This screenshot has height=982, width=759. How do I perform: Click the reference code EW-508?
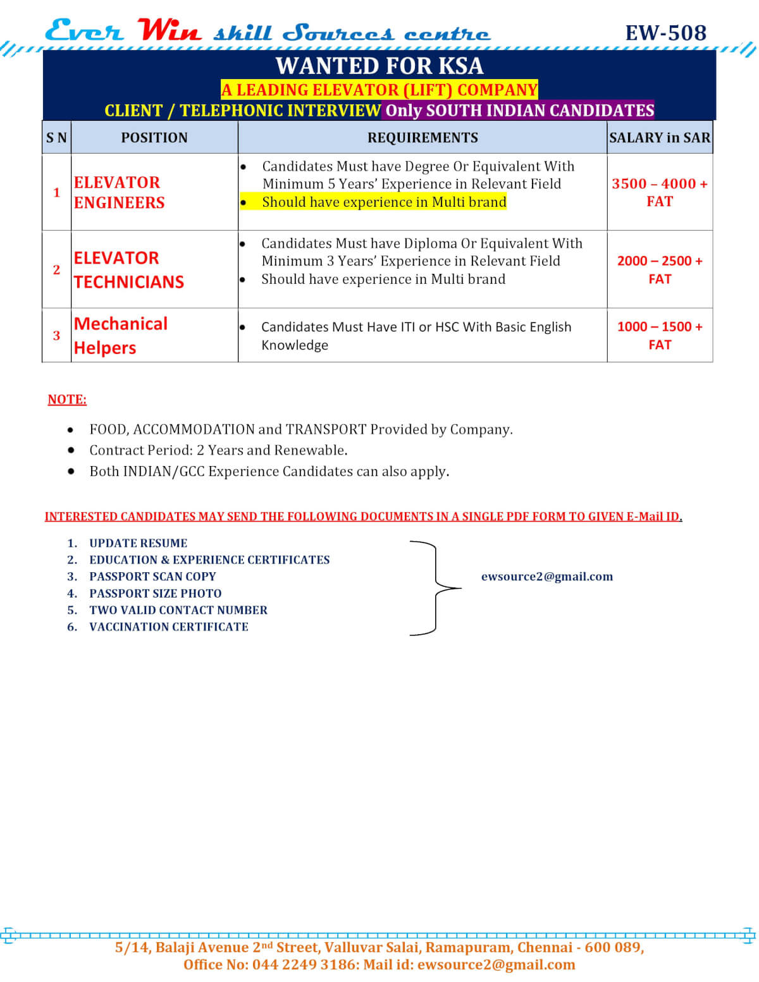point(665,33)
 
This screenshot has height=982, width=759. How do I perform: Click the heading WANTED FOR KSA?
point(379,66)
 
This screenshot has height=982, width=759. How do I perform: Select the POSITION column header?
point(154,138)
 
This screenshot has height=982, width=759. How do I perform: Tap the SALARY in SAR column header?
point(660,138)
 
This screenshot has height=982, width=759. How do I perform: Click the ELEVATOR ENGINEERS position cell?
point(119,192)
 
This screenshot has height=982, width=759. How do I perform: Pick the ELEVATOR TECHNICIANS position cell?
point(128,270)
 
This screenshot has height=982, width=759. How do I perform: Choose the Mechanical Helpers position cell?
point(120,335)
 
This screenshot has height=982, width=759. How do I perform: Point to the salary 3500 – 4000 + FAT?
point(660,192)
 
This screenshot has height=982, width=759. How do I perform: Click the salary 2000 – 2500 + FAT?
point(660,270)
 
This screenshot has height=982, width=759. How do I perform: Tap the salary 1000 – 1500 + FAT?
point(660,335)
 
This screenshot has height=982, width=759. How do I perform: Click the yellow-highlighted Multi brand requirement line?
point(384,202)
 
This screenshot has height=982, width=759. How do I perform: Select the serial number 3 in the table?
point(56,336)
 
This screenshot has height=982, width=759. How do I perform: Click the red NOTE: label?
point(67,400)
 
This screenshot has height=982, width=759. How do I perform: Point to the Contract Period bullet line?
point(218,450)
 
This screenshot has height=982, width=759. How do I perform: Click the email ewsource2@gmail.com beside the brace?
point(547,577)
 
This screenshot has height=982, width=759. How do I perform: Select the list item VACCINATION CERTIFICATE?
point(169,627)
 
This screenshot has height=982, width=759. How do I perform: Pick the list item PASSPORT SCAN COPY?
point(152,577)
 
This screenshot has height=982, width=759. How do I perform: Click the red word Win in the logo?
point(170,30)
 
